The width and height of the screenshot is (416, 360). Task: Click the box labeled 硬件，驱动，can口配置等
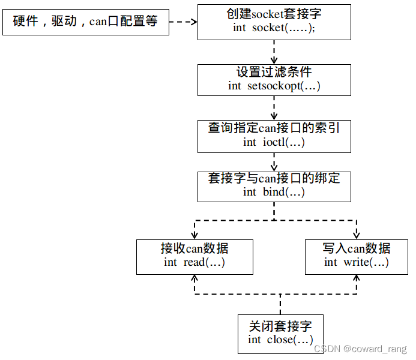[86, 22]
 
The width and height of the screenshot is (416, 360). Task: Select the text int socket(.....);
[274, 29]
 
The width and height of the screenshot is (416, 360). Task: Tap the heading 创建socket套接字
[274, 14]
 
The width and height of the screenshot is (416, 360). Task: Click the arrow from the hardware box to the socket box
[183, 22]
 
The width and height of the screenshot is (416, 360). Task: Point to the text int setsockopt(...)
[274, 86]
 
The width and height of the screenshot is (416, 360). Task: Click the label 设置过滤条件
[274, 72]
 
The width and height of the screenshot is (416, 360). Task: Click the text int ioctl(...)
[274, 142]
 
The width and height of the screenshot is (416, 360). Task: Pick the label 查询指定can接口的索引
[274, 128]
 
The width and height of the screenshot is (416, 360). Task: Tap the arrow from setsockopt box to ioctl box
[274, 109]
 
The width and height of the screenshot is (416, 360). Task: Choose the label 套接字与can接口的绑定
[274, 178]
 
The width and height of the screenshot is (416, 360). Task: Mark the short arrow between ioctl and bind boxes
[274, 162]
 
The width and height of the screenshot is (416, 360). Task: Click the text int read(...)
[194, 262]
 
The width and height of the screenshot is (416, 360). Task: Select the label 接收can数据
[194, 248]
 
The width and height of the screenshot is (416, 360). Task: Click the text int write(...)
[357, 262]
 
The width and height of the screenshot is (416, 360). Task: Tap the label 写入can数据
[357, 248]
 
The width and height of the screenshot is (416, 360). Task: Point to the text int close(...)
[280, 340]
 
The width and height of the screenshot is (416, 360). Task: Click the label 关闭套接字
[280, 326]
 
